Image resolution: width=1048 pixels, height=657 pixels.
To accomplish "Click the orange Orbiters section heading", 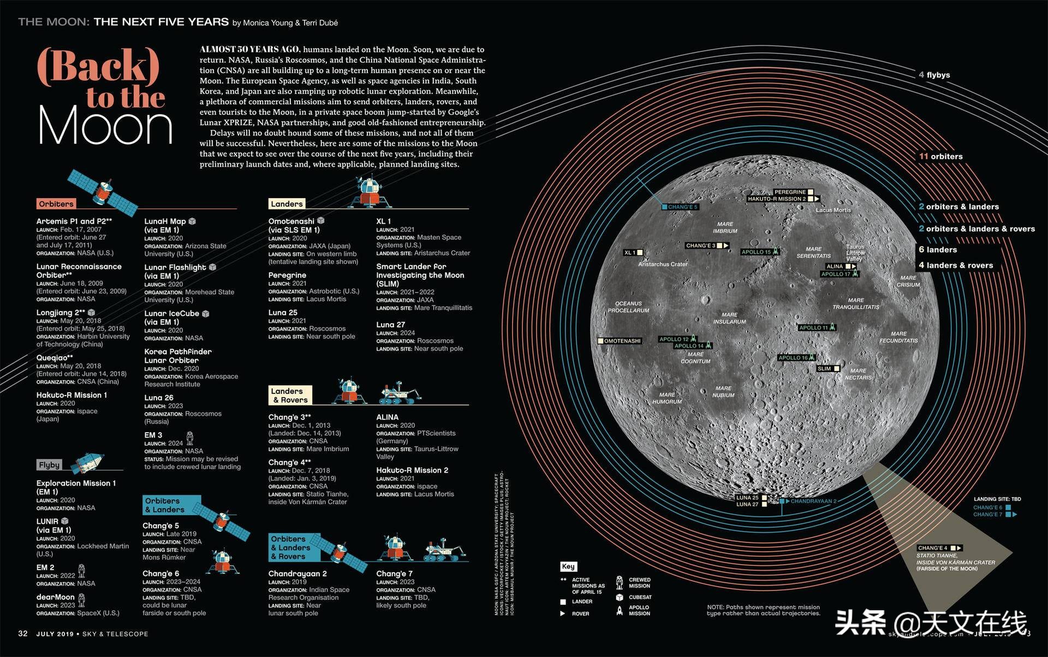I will tap(56, 204).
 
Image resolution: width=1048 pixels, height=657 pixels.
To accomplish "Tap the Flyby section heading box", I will tap(49, 465).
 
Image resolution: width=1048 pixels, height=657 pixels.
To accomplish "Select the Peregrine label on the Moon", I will tap(790, 192).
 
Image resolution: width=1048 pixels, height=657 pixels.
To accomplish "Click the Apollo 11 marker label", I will tap(813, 327).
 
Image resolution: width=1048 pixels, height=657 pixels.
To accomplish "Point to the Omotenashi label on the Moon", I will tap(622, 341).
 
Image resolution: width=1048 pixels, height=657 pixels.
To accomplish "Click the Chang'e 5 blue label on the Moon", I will tap(682, 207).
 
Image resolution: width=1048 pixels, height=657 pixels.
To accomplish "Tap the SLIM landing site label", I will tap(824, 369).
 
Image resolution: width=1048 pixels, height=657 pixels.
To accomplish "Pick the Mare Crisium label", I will tap(908, 281).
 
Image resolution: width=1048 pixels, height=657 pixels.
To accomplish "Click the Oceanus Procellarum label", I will tap(628, 307).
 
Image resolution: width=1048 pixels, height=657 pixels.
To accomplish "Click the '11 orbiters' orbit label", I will tap(941, 157).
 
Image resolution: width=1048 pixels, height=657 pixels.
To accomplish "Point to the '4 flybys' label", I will tap(934, 75).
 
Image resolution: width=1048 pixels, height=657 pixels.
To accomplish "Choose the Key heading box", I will tap(568, 566).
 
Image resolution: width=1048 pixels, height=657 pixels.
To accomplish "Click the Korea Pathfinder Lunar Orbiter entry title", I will tap(177, 356).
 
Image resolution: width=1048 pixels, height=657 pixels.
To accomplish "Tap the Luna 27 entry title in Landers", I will tap(390, 325).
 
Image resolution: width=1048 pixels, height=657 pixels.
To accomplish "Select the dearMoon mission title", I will tap(55, 597).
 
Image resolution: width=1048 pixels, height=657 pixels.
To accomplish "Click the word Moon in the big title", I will tap(105, 127).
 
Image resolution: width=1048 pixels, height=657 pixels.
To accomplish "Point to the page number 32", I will tap(23, 634).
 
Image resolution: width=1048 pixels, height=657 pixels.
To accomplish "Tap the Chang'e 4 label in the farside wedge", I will tap(932, 548).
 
